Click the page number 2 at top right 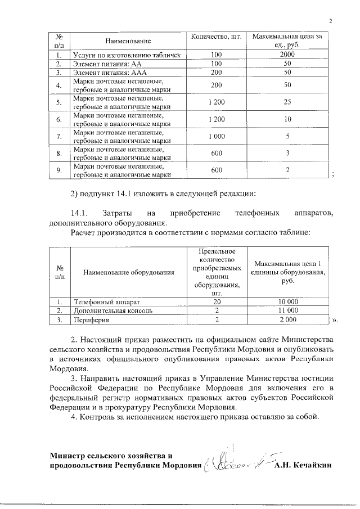[331, 21]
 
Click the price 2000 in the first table [287, 55]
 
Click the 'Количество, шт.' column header [216, 37]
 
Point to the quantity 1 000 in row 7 [216, 136]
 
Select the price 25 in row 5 [287, 102]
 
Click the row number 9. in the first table [58, 170]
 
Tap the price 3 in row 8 [287, 153]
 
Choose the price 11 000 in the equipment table [287, 310]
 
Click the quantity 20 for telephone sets [216, 301]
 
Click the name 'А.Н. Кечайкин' [303, 466]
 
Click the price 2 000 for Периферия [287, 319]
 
